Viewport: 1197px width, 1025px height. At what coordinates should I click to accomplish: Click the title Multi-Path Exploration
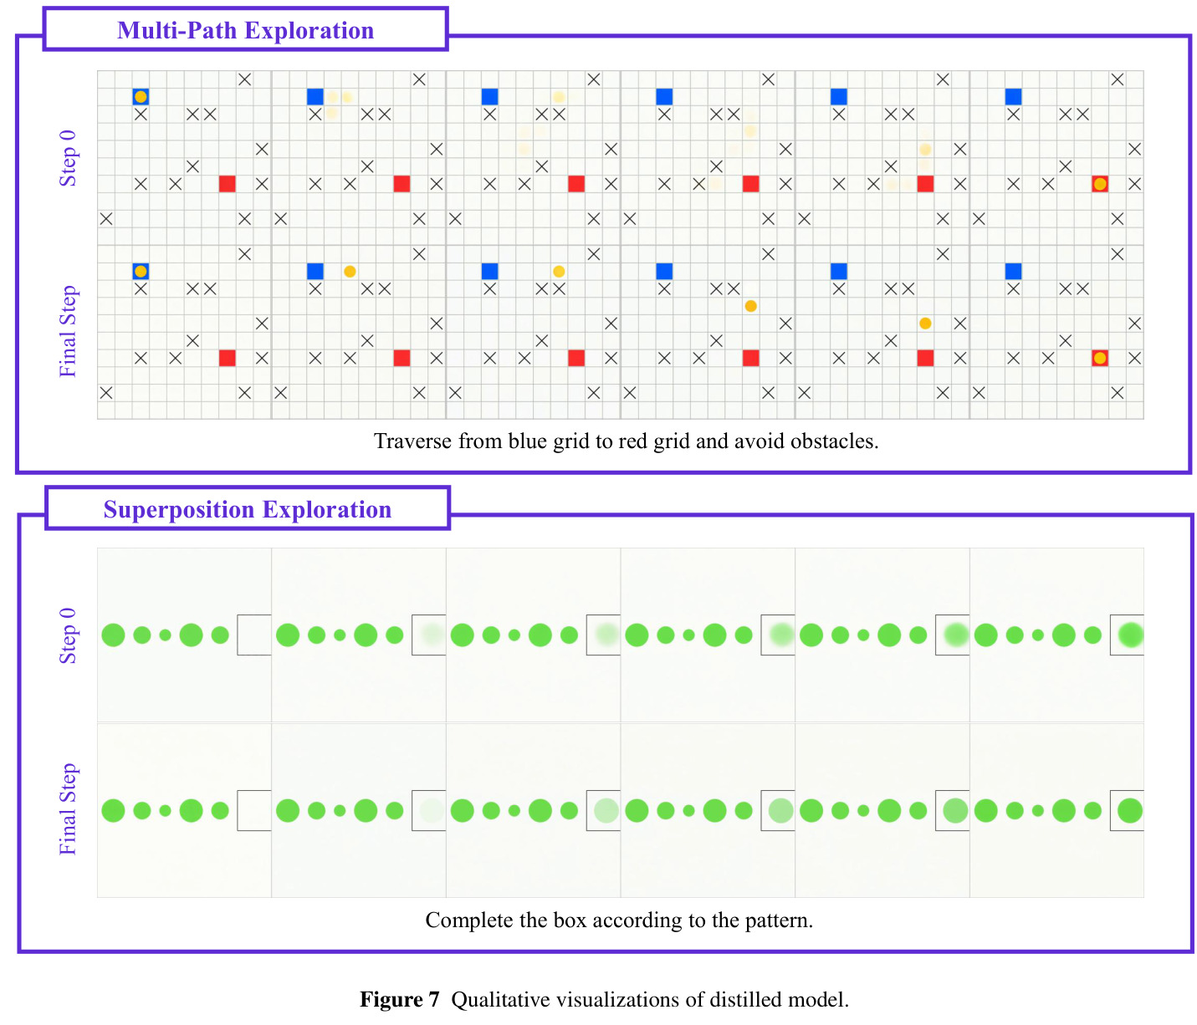coord(245,31)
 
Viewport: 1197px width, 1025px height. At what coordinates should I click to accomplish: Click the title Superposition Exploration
coord(248,509)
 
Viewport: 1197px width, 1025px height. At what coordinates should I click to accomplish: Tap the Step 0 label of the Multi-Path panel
coord(68,158)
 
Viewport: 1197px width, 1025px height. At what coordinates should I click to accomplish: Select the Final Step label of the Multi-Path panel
coord(68,331)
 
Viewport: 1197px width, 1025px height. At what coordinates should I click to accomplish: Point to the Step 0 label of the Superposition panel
coord(68,635)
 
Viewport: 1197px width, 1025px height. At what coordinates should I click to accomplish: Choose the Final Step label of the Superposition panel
coord(68,808)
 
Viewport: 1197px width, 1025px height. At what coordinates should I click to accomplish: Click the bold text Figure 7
coord(400,1000)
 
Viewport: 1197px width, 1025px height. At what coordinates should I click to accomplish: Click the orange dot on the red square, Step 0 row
coord(1100,184)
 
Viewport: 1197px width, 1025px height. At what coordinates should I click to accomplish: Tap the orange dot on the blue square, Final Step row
coord(141,271)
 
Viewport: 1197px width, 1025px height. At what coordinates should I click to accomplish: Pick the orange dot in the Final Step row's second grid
coord(350,271)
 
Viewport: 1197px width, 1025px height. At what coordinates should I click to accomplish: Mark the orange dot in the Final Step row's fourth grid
coord(750,306)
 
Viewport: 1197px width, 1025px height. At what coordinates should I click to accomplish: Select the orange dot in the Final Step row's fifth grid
coord(925,323)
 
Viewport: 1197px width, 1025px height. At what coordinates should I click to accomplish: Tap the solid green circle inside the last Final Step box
coord(1130,810)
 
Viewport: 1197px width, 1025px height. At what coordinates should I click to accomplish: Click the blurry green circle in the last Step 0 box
coord(1131,635)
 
